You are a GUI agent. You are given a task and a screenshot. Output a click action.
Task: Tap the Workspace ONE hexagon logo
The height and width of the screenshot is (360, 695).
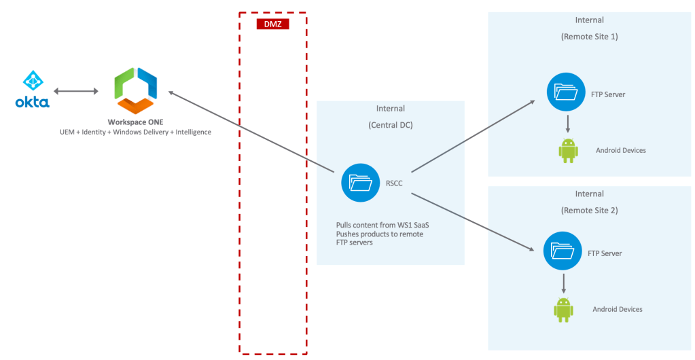pos(136,90)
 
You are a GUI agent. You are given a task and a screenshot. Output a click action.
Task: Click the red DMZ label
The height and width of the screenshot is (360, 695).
pos(272,24)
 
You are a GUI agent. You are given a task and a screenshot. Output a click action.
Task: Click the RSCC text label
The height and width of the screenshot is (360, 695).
pos(395,182)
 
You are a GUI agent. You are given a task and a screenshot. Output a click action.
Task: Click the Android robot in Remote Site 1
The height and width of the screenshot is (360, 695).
pos(568,150)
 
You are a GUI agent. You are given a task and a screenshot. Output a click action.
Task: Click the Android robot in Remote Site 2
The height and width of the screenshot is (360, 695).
pos(563,309)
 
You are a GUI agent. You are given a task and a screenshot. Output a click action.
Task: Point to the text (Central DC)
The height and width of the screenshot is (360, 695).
pos(391,126)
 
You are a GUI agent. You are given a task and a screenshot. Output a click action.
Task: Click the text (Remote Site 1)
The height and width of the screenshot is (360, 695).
pos(590,37)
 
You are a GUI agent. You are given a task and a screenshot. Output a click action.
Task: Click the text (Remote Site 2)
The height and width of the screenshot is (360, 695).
pos(590,211)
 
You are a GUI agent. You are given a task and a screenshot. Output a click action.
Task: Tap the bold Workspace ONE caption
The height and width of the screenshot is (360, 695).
pos(135,122)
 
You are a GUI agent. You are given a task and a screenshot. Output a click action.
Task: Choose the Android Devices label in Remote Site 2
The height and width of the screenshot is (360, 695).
pos(617,309)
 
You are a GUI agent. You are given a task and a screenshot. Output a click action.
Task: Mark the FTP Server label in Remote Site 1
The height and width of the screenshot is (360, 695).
pos(606,94)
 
